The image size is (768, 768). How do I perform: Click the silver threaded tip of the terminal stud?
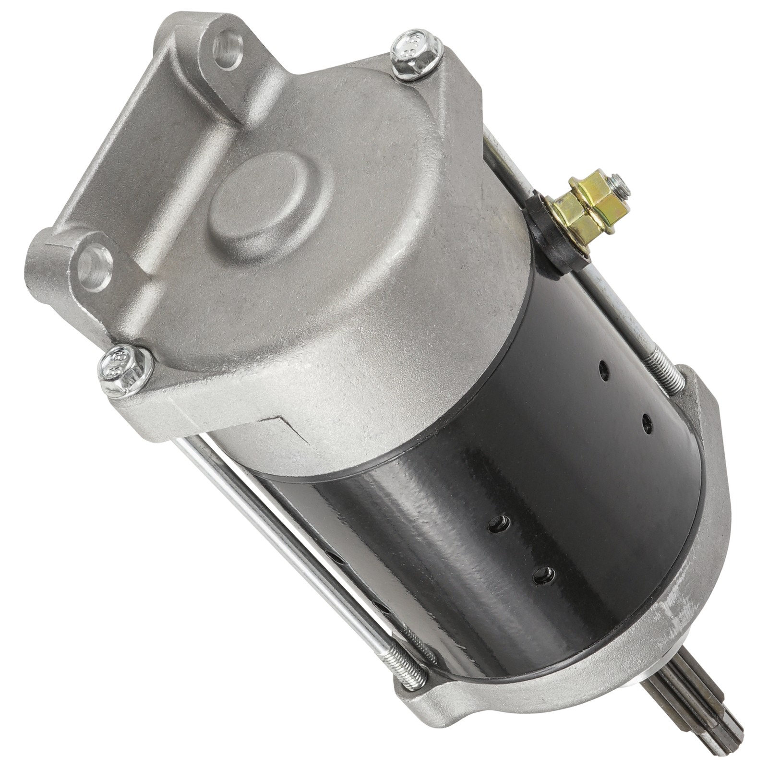click(621, 185)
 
